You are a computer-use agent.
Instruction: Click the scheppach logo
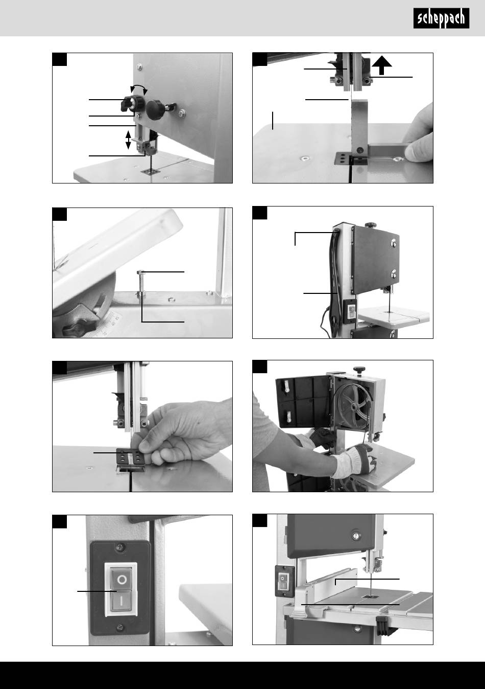(x=441, y=18)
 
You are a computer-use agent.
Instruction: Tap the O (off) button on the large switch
(x=122, y=580)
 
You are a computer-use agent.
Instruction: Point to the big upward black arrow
(x=381, y=65)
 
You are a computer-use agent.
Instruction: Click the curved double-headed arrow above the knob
(x=139, y=87)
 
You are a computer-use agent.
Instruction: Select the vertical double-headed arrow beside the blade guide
(x=128, y=140)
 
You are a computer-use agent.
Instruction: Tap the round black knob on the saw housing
(x=155, y=109)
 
